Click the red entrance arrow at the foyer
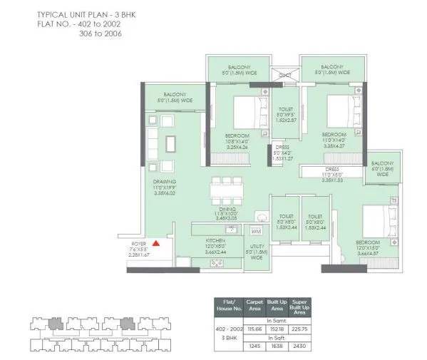click(155, 244)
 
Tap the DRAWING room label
click(164, 182)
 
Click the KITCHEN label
click(215, 241)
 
